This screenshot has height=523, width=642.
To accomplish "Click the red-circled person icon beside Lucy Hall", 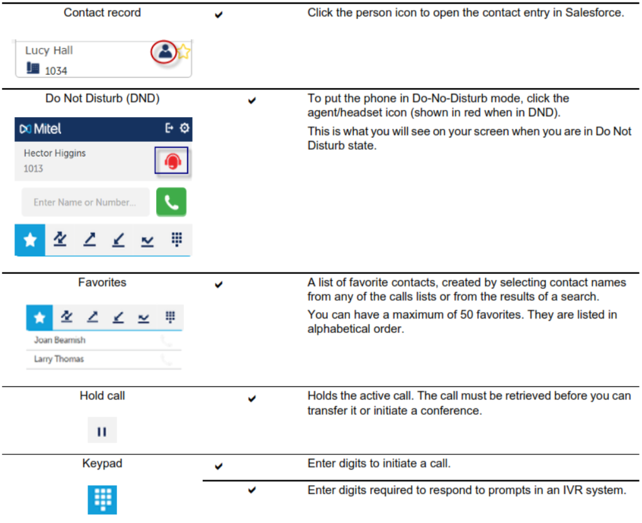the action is click(x=165, y=52).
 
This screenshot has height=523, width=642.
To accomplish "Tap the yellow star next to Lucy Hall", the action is click(x=183, y=52).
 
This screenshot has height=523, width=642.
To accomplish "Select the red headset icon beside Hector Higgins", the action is click(x=172, y=160).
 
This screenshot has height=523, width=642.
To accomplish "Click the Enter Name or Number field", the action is click(x=85, y=202).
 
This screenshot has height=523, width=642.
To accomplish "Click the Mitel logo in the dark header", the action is click(x=40, y=129).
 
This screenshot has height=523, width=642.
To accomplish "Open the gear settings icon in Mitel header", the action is click(x=184, y=128).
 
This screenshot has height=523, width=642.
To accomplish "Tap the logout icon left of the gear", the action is click(x=169, y=128).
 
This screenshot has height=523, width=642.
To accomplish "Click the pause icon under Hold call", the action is click(x=102, y=431).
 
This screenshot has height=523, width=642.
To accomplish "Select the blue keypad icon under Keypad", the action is click(x=103, y=499).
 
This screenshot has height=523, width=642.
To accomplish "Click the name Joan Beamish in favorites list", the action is click(x=60, y=340).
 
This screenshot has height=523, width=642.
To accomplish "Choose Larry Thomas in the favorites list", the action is click(x=59, y=359).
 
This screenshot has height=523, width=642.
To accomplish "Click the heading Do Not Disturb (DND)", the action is click(x=103, y=98).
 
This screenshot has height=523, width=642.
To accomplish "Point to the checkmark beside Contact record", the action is click(x=218, y=14).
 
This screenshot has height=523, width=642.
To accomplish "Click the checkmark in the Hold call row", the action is click(x=252, y=398).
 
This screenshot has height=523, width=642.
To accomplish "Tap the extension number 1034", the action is click(x=56, y=71).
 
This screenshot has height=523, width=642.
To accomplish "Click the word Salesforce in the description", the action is click(x=595, y=13).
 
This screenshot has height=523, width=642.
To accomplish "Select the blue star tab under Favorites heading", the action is click(x=39, y=317).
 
